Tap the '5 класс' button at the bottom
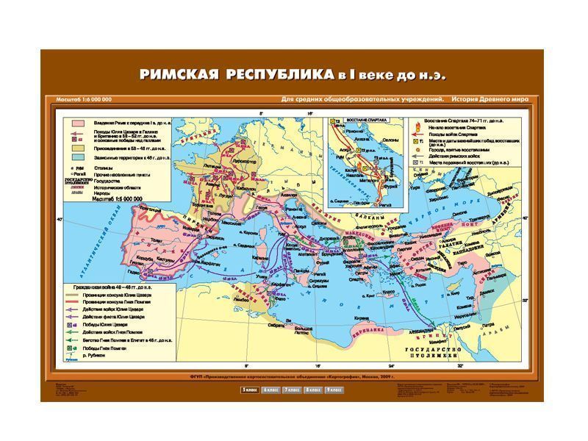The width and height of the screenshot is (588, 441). [x=248, y=388]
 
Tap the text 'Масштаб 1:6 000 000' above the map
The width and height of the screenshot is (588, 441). [x=84, y=99]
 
